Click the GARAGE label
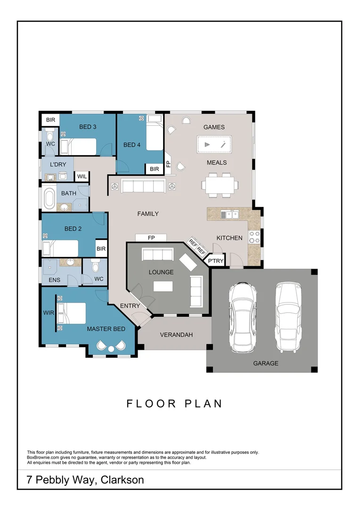point(266,363)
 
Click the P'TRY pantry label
point(216,261)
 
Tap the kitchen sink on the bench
point(230,215)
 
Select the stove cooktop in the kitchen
point(255,237)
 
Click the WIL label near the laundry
point(82,177)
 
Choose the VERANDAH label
point(176,335)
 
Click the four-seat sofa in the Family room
point(143,186)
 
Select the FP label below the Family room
point(151,238)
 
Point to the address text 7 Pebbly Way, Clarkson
point(85,480)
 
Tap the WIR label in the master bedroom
point(48,312)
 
